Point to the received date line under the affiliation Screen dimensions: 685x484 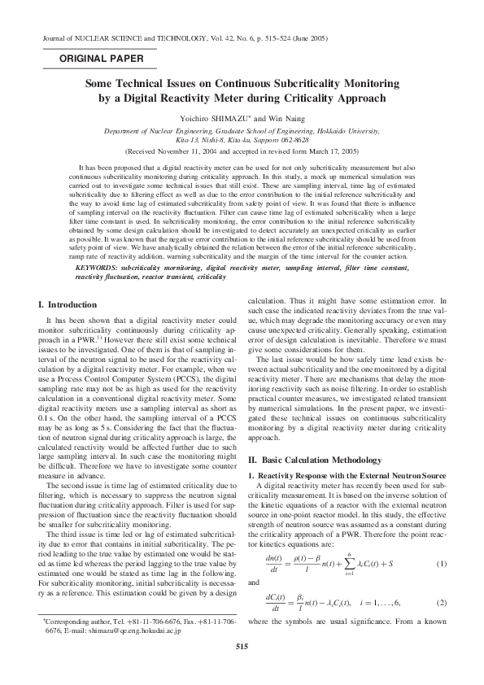(x=242, y=151)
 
